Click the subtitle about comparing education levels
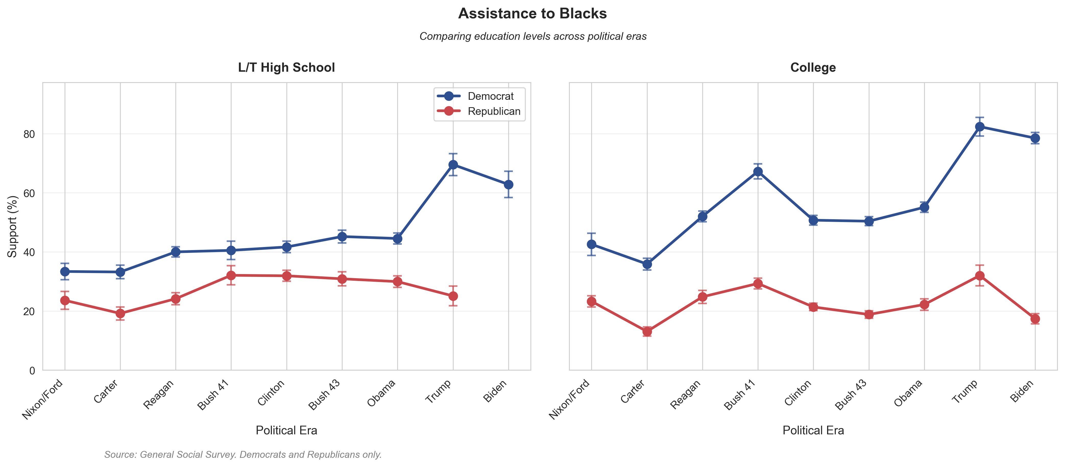pyautogui.click(x=532, y=36)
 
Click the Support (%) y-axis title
pyautogui.click(x=13, y=226)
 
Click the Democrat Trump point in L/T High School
pyautogui.click(x=453, y=165)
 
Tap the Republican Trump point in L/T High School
pyautogui.click(x=453, y=296)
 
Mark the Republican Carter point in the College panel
pyautogui.click(x=647, y=331)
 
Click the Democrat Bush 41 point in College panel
pyautogui.click(x=758, y=171)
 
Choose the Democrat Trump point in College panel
pyautogui.click(x=979, y=127)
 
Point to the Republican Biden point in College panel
pyautogui.click(x=1035, y=319)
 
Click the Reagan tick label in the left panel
pyautogui.click(x=159, y=395)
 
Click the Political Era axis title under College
pyautogui.click(x=813, y=430)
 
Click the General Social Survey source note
pyautogui.click(x=243, y=454)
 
